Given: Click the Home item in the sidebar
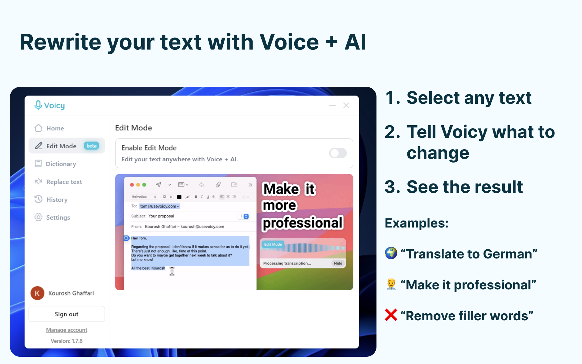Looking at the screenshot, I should coord(49,128).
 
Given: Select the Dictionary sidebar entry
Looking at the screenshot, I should coord(55,164).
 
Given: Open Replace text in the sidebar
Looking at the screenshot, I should coord(59,182).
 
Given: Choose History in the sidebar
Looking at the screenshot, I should coord(51,200).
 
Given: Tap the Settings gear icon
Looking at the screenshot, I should coord(38,217).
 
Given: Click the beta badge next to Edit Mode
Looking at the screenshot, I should coord(91,146).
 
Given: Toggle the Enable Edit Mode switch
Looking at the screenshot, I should coord(338,153).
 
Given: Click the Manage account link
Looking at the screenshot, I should coord(66,330).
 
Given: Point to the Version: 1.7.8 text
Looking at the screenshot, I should coord(66,341).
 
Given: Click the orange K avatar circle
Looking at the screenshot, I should coord(37,293).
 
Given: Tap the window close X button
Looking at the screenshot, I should coord(346,105).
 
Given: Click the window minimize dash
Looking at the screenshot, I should coord(333,105).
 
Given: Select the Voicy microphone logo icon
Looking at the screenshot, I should coord(38,105).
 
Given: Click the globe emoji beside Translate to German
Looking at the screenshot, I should coord(391,253).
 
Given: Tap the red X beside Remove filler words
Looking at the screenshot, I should coord(391,315).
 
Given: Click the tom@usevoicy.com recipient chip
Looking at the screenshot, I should coord(159,206).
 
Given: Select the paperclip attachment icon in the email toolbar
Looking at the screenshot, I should coord(218,185).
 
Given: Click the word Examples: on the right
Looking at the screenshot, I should coord(416,223).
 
